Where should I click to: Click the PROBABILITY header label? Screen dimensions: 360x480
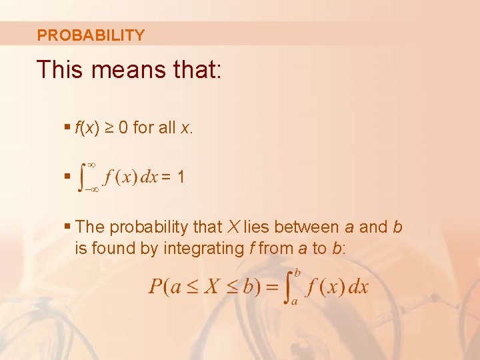coord(91,35)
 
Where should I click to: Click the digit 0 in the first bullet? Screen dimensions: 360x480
coord(122,127)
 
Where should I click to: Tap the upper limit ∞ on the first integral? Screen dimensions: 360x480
coord(92,164)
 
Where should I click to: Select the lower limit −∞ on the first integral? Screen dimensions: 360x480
coord(91,189)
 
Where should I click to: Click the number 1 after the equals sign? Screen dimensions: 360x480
coord(181,177)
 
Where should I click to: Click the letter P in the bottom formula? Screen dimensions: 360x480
coord(155,287)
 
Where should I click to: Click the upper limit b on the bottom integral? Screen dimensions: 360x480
coord(297,271)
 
